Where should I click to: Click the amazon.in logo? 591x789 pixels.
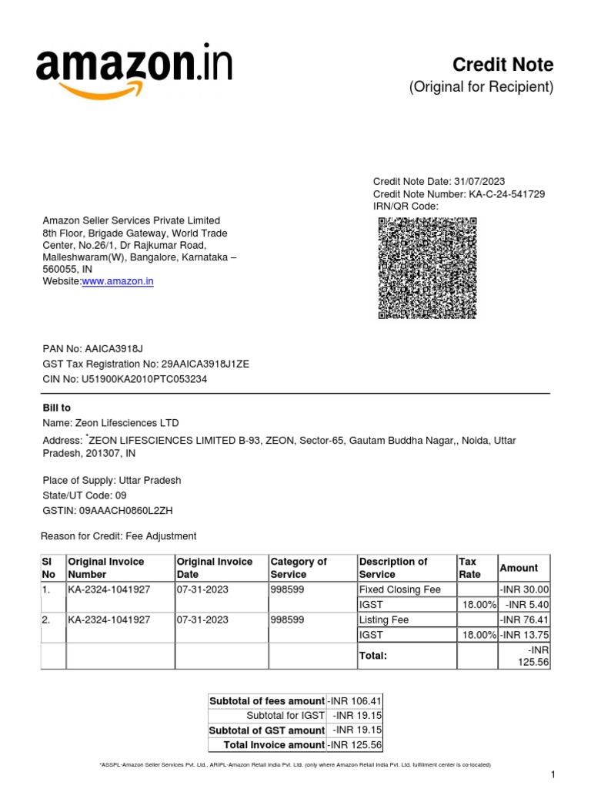coord(134,72)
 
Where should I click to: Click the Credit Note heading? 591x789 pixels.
coord(502,65)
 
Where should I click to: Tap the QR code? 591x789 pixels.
coord(427,267)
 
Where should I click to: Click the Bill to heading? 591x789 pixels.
coord(56,408)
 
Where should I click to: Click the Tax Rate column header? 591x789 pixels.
coord(469,568)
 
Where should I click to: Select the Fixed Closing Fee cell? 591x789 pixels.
coord(399,589)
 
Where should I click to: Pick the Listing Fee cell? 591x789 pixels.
coord(384,619)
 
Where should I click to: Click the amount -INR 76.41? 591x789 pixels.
coord(524,619)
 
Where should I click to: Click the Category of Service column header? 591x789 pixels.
coord(299,568)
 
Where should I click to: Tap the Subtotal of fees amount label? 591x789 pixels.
coord(267,700)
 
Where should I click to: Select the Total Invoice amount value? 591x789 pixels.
coord(354,744)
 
